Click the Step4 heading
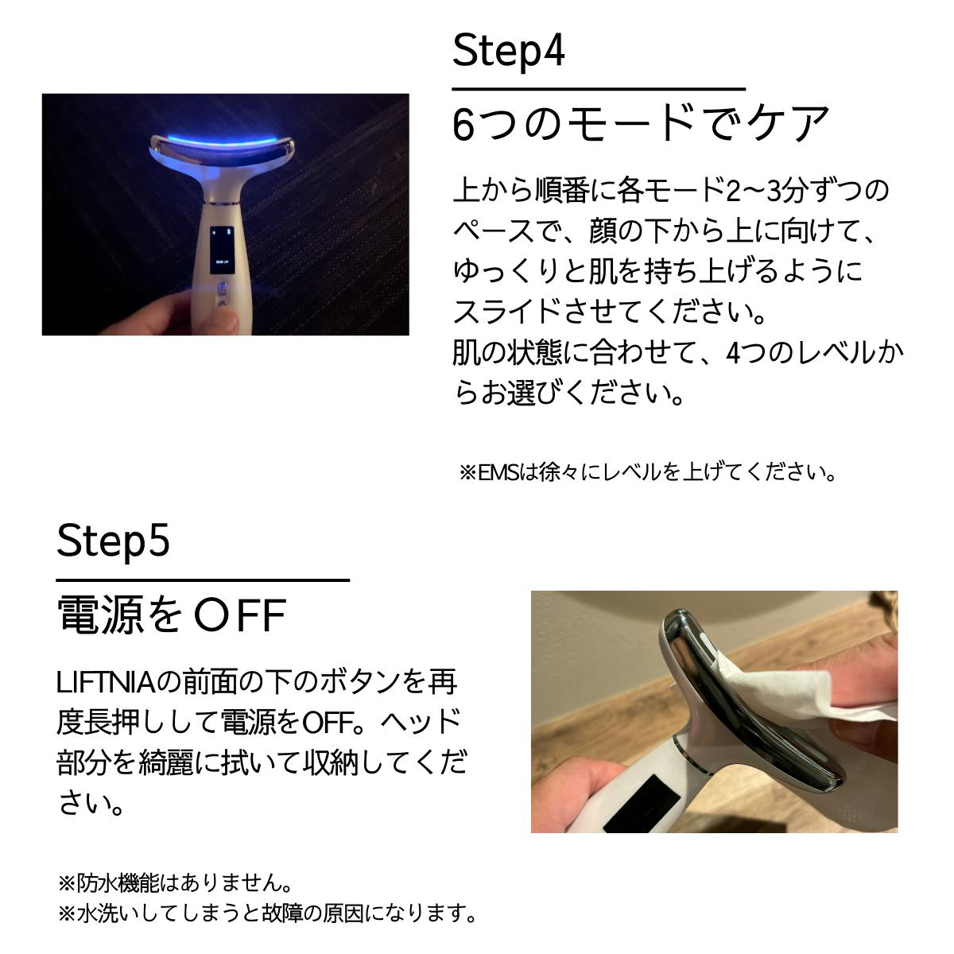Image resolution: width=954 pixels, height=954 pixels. [509, 52]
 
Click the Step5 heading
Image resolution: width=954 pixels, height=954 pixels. [113, 541]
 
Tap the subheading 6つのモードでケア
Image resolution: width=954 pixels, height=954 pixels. [641, 124]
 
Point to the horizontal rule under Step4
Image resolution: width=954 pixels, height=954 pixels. [599, 89]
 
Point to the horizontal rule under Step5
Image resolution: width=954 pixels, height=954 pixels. [203, 580]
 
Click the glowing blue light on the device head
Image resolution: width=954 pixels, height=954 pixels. [221, 141]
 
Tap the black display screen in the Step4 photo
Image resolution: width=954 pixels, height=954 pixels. [222, 250]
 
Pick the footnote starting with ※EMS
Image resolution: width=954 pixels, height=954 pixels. [648, 472]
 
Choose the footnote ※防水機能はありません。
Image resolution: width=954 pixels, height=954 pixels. [175, 882]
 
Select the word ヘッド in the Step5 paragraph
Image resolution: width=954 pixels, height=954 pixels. [421, 723]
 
